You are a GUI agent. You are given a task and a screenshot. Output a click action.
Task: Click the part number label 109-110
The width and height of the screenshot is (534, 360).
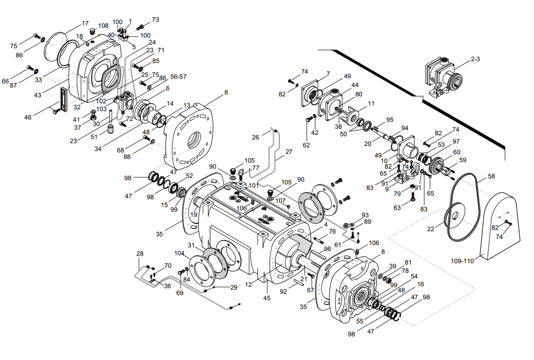(x=462, y=261)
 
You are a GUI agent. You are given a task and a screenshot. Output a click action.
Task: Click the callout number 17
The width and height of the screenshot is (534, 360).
(x=85, y=24)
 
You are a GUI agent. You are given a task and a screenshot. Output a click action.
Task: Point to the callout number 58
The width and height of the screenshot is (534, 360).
(x=491, y=177)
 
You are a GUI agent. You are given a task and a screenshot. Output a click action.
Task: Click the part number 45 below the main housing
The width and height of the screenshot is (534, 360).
(x=267, y=298)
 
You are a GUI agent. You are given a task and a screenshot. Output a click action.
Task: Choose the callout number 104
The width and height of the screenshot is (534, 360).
(x=180, y=253)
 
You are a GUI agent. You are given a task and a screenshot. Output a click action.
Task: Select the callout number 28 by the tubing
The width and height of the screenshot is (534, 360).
(x=140, y=253)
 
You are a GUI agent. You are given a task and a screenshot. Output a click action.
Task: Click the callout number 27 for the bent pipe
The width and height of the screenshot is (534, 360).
(x=289, y=152)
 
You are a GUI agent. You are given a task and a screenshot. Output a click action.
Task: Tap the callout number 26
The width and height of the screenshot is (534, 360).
(x=256, y=137)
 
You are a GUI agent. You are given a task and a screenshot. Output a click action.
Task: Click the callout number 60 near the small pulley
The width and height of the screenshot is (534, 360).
(x=457, y=152)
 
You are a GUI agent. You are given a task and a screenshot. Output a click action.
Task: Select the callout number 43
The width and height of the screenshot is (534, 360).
(x=38, y=95)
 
